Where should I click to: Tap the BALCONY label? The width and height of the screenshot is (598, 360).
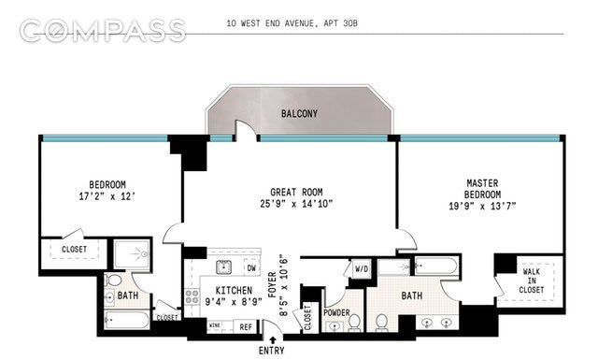pos(300,114)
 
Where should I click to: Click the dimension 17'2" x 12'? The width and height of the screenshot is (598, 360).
pos(107,198)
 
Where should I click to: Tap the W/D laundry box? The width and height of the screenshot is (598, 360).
pos(335,270)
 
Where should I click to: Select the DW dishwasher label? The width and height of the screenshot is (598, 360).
pos(252,269)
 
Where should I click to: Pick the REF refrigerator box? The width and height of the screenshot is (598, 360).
pos(245,327)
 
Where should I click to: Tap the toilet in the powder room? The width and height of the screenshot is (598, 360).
pos(355,324)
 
